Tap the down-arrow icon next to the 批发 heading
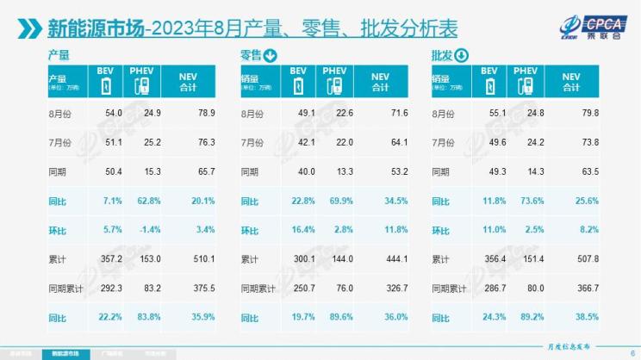tap(461, 57)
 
